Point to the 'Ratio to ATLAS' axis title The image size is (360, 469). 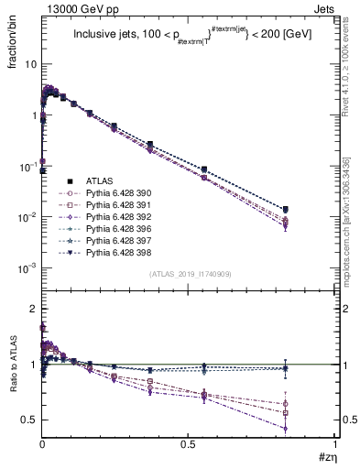tap(13, 366)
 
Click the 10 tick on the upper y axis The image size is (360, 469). tap(30, 65)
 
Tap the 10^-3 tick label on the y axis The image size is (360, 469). tap(27, 268)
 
